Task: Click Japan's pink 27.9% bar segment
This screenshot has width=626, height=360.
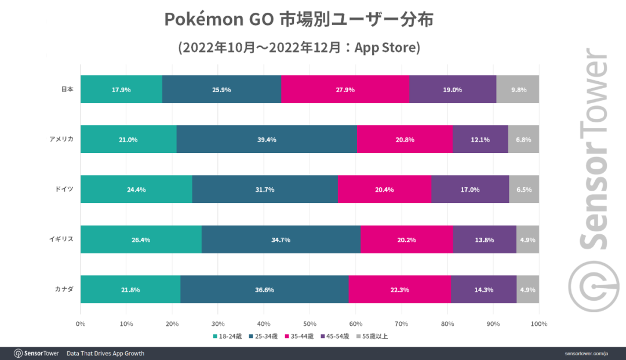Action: point(345,89)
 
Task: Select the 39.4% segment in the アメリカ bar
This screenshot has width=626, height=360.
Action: point(267,139)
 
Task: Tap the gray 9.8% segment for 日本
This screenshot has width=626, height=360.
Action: point(518,89)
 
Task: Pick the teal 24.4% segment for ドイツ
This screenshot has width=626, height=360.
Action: point(136,189)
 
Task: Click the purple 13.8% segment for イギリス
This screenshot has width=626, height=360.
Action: point(484,239)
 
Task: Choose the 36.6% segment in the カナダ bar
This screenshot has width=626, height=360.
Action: point(264,289)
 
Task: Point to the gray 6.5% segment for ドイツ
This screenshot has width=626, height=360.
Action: point(524,189)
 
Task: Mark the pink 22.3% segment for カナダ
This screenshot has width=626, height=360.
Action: point(399,289)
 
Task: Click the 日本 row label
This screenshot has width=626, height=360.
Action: point(67,89)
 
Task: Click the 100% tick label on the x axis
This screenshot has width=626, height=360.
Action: point(539,323)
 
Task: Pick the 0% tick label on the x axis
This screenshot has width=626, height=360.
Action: point(81,323)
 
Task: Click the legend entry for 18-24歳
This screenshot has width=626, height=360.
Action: point(228,336)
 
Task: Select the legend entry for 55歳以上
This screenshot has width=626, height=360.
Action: point(372,336)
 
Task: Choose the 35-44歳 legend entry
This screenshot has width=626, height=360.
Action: point(300,336)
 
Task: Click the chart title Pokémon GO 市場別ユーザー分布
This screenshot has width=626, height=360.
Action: point(299,19)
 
